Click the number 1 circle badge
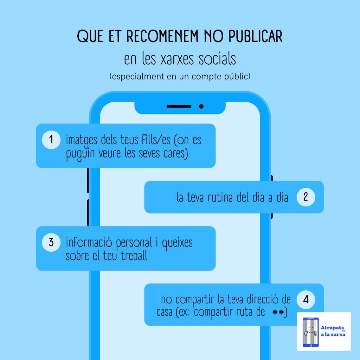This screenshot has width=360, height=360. point(51,140)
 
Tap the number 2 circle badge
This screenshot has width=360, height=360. point(306,197)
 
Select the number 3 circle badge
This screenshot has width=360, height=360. point(51,243)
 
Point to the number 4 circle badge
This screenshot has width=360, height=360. point(306,300)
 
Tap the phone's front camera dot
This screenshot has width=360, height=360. point(201,106)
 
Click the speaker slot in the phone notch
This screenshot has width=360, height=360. point(179,106)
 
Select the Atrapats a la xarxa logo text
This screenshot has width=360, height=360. point(333,331)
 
